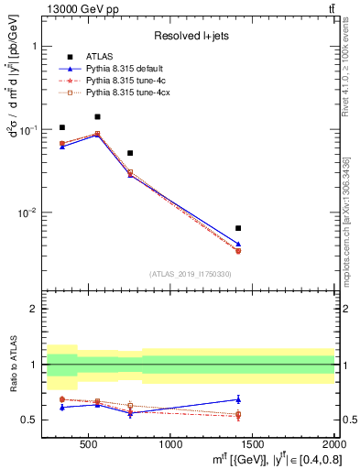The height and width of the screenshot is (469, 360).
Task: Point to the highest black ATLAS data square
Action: click(97, 117)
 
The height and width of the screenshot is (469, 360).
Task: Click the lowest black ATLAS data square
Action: click(238, 228)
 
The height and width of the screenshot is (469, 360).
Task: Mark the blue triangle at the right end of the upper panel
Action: click(238, 245)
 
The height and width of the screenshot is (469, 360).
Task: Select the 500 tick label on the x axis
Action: click(89, 445)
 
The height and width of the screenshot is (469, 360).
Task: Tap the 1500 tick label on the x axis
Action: click(253, 445)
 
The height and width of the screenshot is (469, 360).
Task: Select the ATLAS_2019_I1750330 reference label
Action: click(191, 273)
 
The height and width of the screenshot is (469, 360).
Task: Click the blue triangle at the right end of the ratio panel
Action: click(238, 399)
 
